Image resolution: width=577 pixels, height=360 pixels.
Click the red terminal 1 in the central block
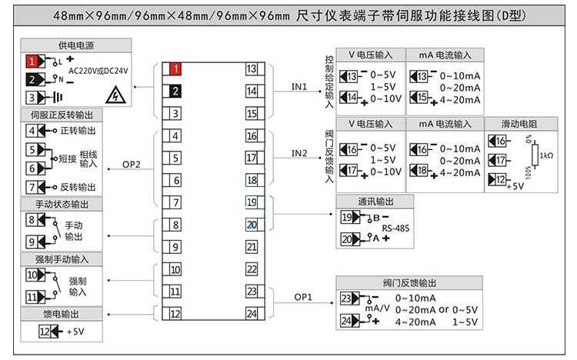click(176, 69)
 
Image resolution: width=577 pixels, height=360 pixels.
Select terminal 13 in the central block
click(252, 69)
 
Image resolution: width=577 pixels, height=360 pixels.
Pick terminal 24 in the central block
click(252, 314)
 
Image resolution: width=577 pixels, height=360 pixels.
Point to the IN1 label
click(299, 87)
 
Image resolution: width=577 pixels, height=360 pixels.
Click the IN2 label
click(299, 153)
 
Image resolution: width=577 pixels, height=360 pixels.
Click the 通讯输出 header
click(375, 202)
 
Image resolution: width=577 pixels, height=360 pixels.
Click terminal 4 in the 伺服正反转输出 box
click(32, 131)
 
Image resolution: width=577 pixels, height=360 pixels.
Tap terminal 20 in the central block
click(252, 225)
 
